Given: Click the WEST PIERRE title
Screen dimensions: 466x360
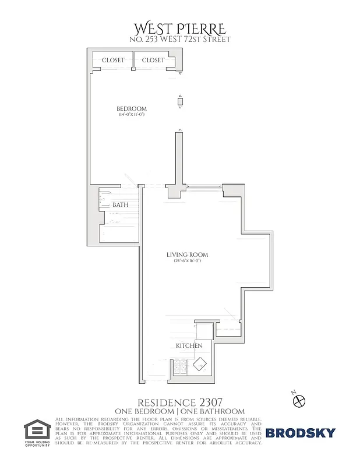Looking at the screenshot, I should tap(180, 29).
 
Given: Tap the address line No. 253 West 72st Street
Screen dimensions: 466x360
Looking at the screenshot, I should tap(180, 40).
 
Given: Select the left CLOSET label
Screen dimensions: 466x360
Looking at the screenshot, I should tap(113, 60).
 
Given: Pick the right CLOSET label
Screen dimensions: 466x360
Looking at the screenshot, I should tap(153, 60).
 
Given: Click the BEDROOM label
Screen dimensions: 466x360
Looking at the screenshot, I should tap(132, 109).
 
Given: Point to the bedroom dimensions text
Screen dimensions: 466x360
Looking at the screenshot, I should tap(132, 115).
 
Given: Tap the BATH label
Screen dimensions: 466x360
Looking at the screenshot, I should tap(120, 205).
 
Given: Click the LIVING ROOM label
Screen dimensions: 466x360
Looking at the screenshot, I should tap(187, 255).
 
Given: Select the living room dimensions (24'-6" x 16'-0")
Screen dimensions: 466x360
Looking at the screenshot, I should tap(187, 261).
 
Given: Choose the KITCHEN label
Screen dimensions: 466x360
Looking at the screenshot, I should tap(189, 346).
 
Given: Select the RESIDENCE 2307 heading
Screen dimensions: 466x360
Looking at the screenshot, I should tap(179, 403).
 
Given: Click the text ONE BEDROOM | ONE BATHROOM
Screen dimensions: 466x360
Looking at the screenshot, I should tap(179, 411).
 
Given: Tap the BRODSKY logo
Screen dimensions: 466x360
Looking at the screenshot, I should tap(301, 433).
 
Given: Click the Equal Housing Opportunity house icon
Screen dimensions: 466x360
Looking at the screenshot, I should tap(38, 430).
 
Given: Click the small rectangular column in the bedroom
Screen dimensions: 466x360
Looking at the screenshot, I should tap(180, 101).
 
